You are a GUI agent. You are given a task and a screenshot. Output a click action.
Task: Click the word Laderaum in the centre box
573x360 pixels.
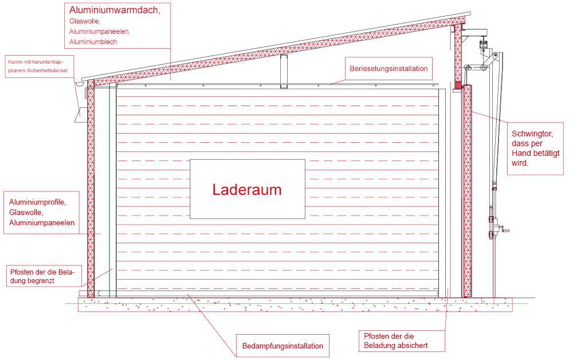point(247,190)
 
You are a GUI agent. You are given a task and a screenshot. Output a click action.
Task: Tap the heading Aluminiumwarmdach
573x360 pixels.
point(115,10)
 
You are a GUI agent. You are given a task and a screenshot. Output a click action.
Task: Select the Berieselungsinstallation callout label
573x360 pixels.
point(388,69)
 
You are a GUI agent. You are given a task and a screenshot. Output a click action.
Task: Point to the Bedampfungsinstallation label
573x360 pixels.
point(282,346)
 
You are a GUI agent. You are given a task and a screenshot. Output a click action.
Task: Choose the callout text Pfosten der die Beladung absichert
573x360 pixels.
point(396,341)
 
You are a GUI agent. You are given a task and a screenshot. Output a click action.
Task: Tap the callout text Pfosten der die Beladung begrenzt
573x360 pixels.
point(42,276)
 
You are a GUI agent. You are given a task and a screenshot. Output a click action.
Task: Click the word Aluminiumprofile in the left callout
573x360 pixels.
point(37,202)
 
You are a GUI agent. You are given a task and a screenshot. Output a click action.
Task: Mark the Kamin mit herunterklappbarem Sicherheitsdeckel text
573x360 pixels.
point(38,66)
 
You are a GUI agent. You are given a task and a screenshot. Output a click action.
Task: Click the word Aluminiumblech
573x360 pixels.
point(93,42)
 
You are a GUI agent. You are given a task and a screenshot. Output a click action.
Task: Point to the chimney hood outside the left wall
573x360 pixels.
point(81,115)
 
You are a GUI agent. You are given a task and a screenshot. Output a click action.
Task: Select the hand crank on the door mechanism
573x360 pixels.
point(504,230)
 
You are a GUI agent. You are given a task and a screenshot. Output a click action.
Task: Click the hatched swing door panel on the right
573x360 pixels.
point(467,191)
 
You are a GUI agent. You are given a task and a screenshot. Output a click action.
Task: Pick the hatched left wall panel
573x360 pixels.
point(91,189)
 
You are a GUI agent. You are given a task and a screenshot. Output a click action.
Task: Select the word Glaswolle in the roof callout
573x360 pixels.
point(84,21)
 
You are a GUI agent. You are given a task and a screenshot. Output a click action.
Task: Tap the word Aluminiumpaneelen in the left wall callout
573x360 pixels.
point(42,223)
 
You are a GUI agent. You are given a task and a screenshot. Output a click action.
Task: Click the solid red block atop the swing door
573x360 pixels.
point(458,85)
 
